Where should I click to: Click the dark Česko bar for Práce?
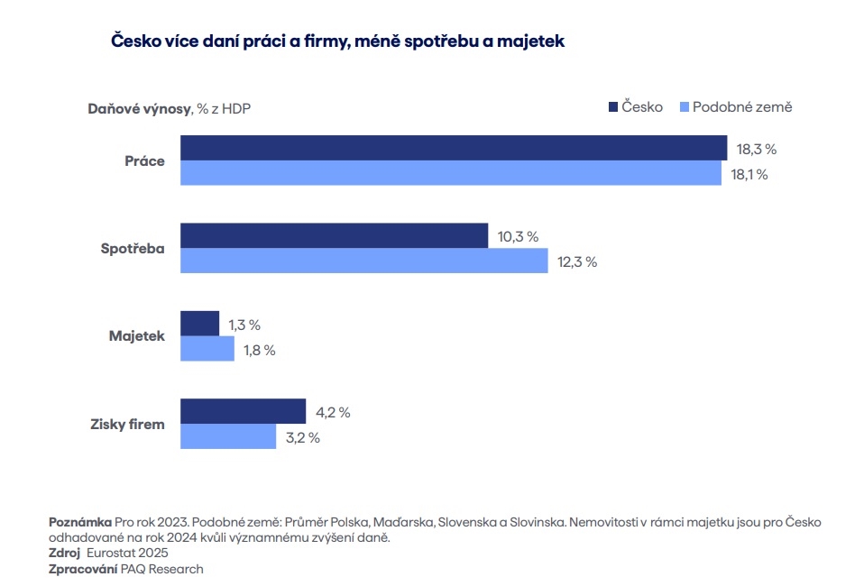pos(454,147)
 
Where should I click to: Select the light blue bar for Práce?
pos(451,173)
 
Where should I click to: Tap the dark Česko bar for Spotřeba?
pos(334,235)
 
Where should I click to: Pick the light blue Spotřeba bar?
pos(363,261)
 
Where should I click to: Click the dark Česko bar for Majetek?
pos(199,324)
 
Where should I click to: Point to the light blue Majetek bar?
pos(207,349)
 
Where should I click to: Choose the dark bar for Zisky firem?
pos(244,411)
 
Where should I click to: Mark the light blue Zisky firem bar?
pos(228,437)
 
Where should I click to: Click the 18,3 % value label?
pos(756,150)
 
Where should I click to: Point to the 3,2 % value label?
pos(301,438)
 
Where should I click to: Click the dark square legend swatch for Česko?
pos(613,107)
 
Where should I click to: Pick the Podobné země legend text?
pos(742,107)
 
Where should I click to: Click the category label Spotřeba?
pos(133,248)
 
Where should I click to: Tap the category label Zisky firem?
pos(128,424)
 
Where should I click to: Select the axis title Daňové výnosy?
pos(139,109)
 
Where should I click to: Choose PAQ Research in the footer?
pos(162,569)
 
